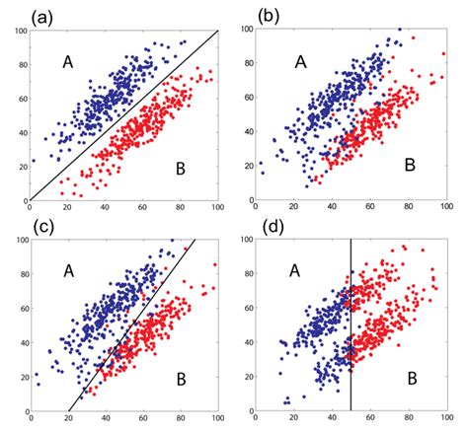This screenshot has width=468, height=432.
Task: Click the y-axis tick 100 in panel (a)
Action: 19,33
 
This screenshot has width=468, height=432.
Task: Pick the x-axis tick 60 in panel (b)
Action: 370,208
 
